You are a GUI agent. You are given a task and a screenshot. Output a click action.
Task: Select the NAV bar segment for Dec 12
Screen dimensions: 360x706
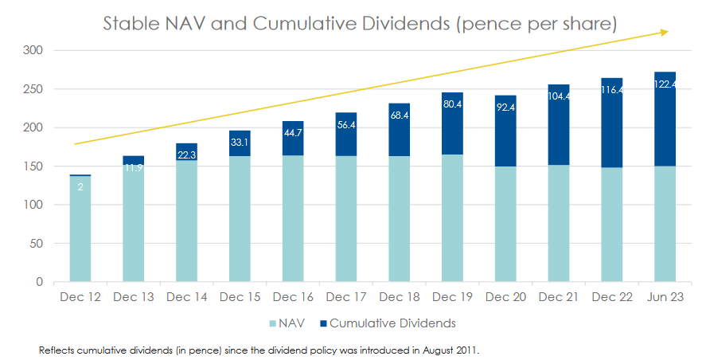tap(80, 231)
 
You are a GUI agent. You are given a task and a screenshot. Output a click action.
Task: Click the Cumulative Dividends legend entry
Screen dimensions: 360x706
tap(391, 323)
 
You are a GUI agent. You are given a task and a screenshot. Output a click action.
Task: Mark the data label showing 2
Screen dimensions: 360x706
tap(80, 188)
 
